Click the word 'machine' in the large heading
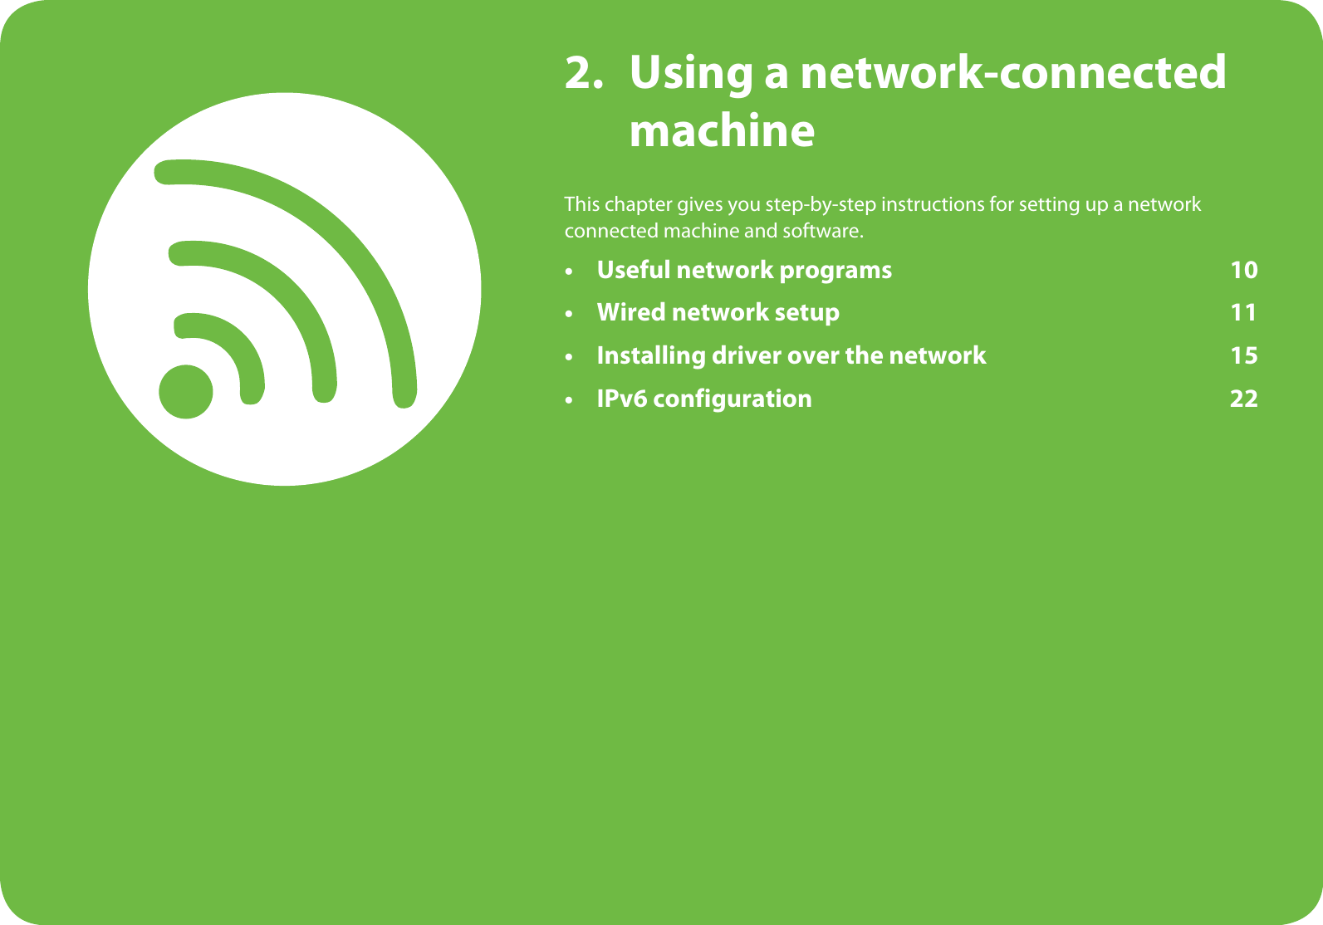click(x=722, y=130)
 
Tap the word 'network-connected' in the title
click(x=1013, y=72)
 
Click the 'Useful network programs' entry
click(x=744, y=271)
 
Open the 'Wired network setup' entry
click(x=718, y=313)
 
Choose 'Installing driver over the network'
click(x=791, y=355)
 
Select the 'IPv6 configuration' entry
click(x=704, y=399)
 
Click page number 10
click(x=1244, y=270)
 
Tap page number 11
click(x=1243, y=312)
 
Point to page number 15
click(x=1244, y=355)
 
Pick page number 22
click(x=1244, y=399)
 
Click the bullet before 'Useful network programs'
click(x=569, y=272)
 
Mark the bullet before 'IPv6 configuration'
click(x=569, y=400)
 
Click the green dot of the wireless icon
click(x=185, y=392)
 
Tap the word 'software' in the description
click(x=823, y=231)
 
